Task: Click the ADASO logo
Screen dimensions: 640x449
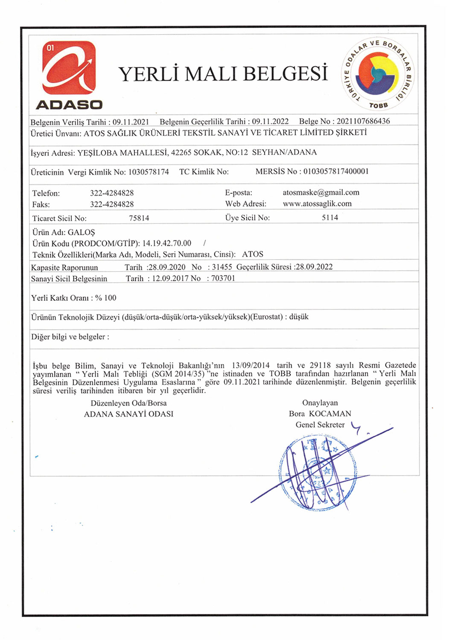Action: click(x=69, y=75)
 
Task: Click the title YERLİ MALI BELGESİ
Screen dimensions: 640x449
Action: click(x=223, y=74)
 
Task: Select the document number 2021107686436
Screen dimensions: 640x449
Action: click(x=363, y=121)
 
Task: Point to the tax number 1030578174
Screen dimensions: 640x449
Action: click(x=149, y=172)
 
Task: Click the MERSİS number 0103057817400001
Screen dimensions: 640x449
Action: click(x=336, y=172)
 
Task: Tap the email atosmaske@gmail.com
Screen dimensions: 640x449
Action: click(x=321, y=192)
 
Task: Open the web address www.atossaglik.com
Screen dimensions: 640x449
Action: click(x=317, y=204)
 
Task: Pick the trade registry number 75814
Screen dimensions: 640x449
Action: click(x=139, y=218)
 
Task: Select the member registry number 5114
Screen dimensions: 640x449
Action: click(x=330, y=218)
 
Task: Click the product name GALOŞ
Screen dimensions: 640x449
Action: click(x=82, y=233)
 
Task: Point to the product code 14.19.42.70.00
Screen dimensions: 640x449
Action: click(x=167, y=243)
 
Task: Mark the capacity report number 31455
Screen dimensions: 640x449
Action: click(x=222, y=267)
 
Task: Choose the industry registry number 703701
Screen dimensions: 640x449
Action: click(x=223, y=278)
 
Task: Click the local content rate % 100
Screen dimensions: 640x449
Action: click(x=106, y=298)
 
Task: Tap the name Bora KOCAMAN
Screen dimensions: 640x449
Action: click(x=320, y=414)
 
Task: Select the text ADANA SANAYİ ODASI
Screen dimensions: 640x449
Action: click(x=128, y=414)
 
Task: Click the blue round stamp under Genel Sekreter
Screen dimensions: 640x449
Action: click(x=318, y=473)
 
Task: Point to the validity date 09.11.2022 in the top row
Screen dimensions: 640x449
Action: click(x=270, y=122)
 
